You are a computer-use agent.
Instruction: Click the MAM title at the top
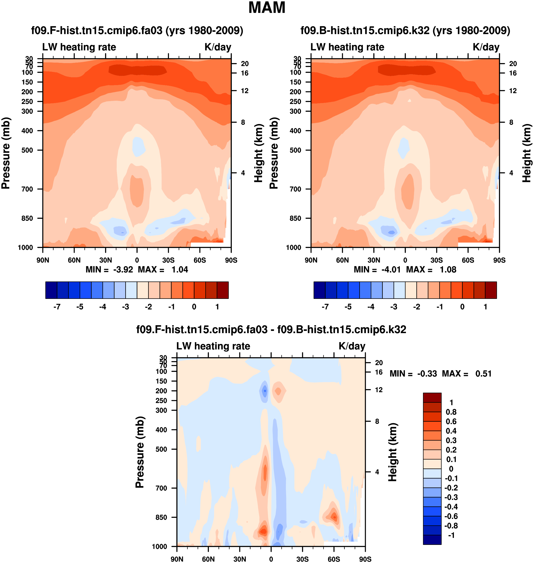[x=267, y=8]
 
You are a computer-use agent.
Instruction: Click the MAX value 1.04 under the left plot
[x=180, y=270]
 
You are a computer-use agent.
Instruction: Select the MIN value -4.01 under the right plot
[x=391, y=270]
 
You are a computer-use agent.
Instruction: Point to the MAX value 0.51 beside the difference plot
[x=483, y=374]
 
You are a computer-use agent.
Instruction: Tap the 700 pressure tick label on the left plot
[x=27, y=189]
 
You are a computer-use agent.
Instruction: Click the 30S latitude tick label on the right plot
[x=436, y=260]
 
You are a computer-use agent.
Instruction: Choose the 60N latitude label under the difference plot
[x=208, y=559]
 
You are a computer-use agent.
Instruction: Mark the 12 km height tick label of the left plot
[x=245, y=91]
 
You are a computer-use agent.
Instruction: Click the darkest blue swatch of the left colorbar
[x=51, y=290]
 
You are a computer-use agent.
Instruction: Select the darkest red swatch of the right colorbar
[x=491, y=290]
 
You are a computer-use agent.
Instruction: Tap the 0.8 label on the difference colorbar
[x=451, y=412]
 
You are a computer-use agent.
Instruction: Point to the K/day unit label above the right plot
[x=486, y=47]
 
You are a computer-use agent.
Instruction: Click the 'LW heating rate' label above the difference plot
[x=213, y=346]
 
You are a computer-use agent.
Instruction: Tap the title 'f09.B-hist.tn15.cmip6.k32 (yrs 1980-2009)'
[x=405, y=30]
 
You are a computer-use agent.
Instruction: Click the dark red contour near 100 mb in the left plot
[x=138, y=70]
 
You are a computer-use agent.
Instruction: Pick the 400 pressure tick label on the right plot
[x=295, y=131]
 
